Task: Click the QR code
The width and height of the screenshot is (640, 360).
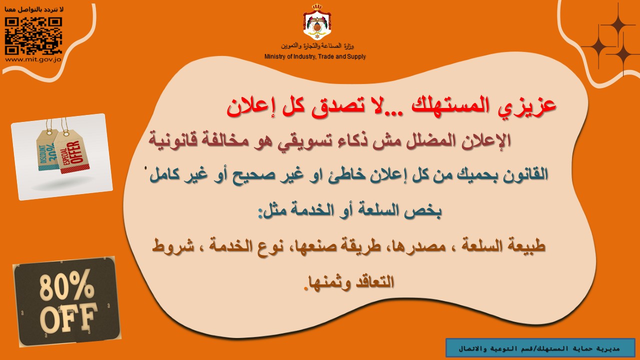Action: pos(33,35)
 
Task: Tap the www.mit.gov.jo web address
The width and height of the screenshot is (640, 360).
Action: pos(33,59)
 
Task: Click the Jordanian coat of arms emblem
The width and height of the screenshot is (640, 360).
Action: pos(317,21)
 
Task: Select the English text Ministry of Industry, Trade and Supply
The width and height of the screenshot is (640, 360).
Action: pos(315,56)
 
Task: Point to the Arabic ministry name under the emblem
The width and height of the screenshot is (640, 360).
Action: pos(317,45)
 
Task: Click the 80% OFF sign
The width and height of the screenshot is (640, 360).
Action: pos(67,301)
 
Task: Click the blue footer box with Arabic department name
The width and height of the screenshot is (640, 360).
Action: pos(540,348)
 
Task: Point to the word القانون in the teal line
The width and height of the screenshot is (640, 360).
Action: pos(525,174)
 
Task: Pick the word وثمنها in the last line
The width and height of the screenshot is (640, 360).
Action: pos(328,282)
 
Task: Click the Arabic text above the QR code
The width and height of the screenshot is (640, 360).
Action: pos(34,9)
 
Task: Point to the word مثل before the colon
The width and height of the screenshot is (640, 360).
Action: pos(269,211)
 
